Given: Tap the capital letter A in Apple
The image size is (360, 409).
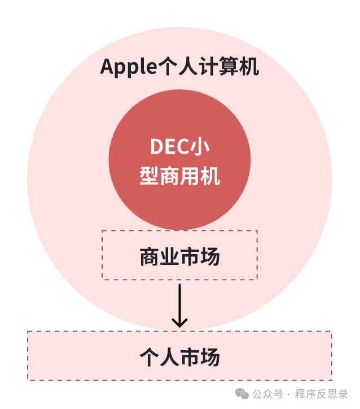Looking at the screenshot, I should click(x=107, y=67).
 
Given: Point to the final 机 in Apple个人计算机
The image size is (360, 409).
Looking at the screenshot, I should click(x=249, y=67).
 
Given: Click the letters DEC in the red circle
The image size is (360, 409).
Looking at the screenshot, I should click(x=168, y=147).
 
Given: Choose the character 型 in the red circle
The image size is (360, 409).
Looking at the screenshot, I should click(x=149, y=176).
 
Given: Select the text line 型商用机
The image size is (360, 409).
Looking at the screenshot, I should click(x=179, y=176).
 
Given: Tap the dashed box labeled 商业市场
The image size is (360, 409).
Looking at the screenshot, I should click(x=179, y=255).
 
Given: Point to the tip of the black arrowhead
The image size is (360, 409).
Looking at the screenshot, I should click(x=179, y=327).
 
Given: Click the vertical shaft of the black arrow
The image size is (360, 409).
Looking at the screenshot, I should click(x=179, y=302).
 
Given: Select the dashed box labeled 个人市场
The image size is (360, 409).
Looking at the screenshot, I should click(x=179, y=356).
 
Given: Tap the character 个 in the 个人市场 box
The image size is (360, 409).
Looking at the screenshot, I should click(x=149, y=357).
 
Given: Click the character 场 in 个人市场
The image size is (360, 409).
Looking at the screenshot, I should click(x=210, y=357).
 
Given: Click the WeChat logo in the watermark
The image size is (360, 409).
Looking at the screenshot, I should click(x=242, y=394).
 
